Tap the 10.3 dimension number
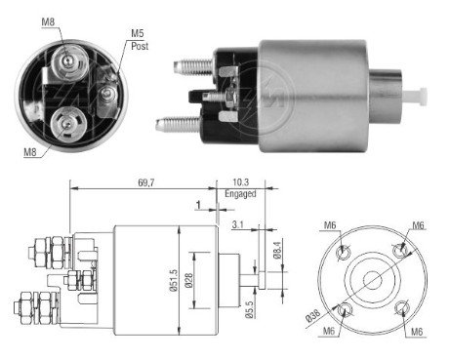pyautogui.click(x=241, y=182)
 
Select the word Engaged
pyautogui.click(x=240, y=194)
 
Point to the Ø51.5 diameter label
pyautogui.click(x=173, y=280)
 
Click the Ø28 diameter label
pyautogui.click(x=188, y=280)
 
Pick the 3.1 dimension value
pyautogui.click(x=237, y=224)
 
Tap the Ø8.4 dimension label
pyautogui.click(x=277, y=250)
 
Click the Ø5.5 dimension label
pyautogui.click(x=249, y=309)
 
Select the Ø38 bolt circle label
pyautogui.click(x=313, y=316)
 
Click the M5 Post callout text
pyautogui.click(x=140, y=40)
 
